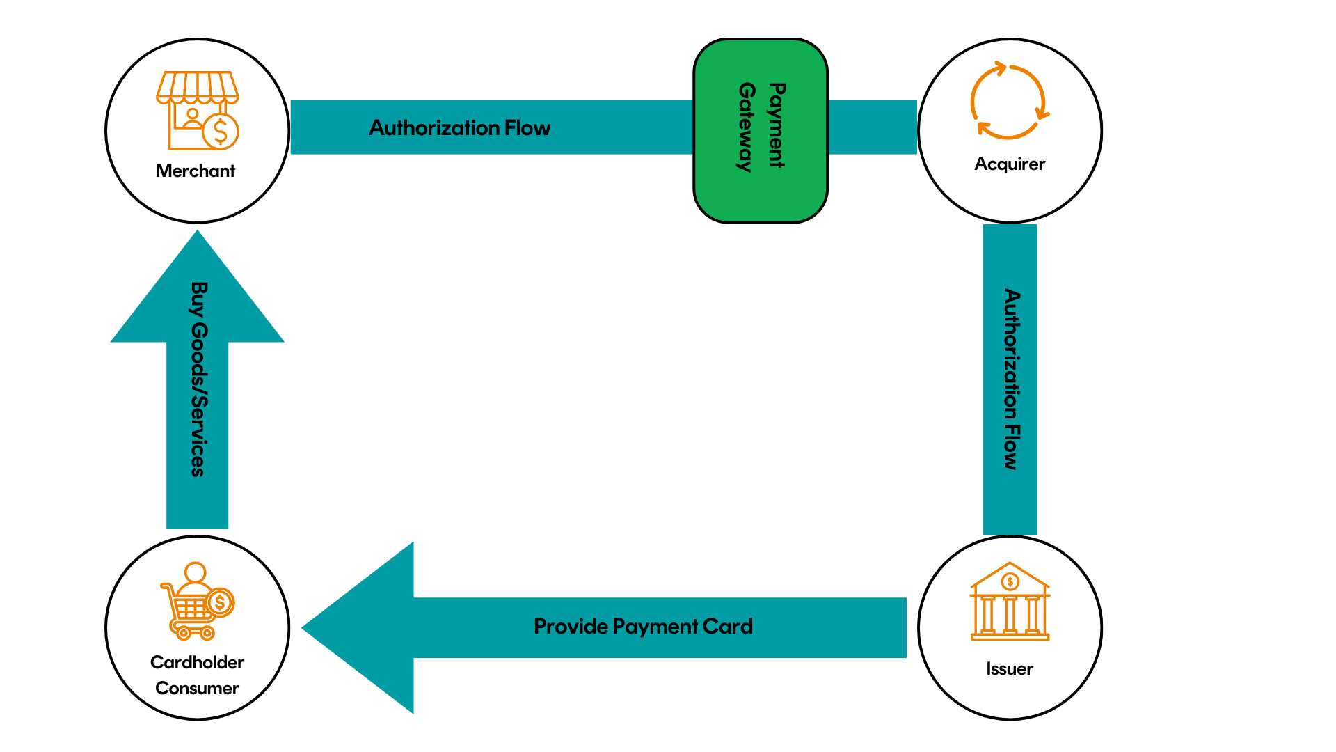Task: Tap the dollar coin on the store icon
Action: pos(221,131)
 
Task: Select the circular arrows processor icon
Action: pos(1009,101)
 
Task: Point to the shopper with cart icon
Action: pos(197,602)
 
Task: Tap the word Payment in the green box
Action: pos(777,125)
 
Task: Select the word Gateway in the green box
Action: pos(746,127)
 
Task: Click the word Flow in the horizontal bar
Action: pos(527,128)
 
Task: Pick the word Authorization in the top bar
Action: pos(434,128)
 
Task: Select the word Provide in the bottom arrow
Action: pos(571,627)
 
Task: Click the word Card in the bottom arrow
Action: pos(728,627)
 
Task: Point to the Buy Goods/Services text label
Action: pos(198,379)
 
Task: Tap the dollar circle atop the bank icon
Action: pos(1010,581)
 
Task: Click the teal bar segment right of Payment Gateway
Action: pos(873,127)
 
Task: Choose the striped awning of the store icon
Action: pos(197,86)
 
